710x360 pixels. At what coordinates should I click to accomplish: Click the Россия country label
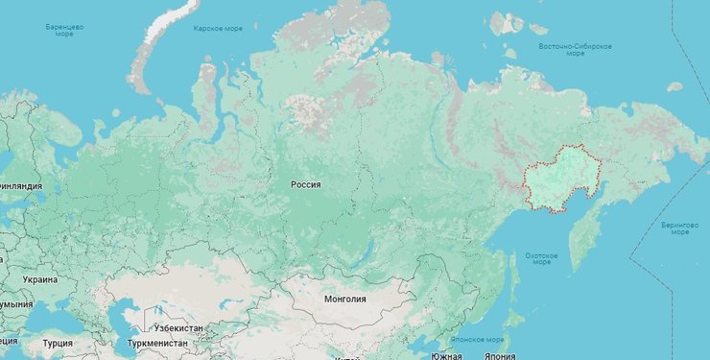tap(306, 184)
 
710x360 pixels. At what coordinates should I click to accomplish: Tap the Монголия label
tap(345, 299)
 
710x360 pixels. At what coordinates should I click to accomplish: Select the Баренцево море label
tap(64, 30)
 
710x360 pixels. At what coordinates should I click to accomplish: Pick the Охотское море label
tap(541, 258)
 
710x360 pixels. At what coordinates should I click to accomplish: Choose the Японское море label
tap(480, 339)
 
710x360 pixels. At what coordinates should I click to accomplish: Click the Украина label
tap(39, 279)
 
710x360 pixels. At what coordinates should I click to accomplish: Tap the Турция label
tap(57, 343)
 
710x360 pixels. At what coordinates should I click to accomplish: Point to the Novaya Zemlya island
tap(154, 48)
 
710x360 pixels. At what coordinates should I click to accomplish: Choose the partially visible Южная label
tap(445, 355)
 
